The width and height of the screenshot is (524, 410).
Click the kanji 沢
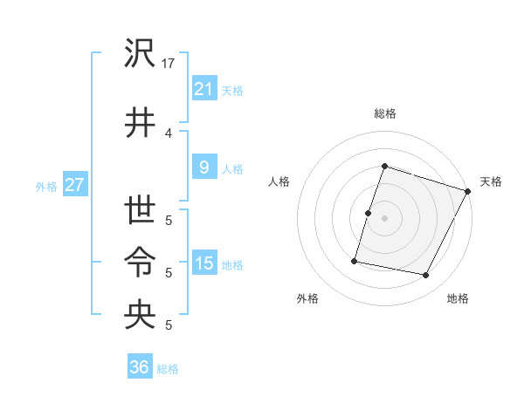[x=140, y=54]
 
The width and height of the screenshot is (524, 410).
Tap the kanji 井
[x=140, y=122]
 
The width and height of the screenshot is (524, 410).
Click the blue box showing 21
[x=203, y=88]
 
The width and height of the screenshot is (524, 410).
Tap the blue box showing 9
[x=203, y=167]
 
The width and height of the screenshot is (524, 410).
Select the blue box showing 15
[x=203, y=263]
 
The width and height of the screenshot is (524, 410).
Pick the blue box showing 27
[x=74, y=185]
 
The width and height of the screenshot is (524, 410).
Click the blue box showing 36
[x=140, y=367]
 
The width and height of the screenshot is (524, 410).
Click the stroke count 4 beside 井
[x=169, y=133]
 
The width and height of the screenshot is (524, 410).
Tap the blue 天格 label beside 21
[x=232, y=90]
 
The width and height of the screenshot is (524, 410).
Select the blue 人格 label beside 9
[x=232, y=169]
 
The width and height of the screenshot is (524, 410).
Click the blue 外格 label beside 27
[x=46, y=187]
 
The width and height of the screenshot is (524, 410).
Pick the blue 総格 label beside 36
[x=169, y=369]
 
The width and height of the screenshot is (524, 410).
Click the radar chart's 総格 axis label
[x=384, y=113]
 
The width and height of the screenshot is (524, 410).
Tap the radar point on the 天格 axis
[x=468, y=191]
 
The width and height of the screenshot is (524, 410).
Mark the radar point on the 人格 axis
[x=368, y=213]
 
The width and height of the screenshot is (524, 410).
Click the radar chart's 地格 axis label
[x=458, y=299]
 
